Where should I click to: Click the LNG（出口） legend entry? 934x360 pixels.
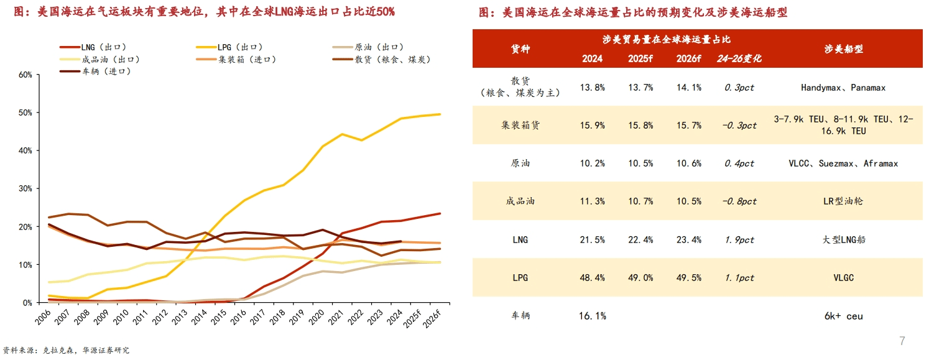pos(103,47)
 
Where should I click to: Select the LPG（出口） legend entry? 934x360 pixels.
pos(239,47)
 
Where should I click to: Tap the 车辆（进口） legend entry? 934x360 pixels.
pos(103,72)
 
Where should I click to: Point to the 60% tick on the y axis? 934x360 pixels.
pos(25,75)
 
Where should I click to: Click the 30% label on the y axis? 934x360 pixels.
pos(25,188)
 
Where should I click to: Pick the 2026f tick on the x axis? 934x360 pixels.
pos(433,322)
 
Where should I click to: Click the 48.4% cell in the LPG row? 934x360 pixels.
pos(592,277)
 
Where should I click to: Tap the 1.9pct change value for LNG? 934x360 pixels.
pos(739,239)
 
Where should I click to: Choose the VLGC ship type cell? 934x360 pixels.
pos(843,277)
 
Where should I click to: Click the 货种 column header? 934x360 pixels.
pos(520,48)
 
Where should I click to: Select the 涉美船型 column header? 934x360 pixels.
pos(843,48)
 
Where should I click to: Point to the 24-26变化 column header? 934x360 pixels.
pos(739,58)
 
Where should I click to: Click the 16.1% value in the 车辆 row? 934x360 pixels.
pos(592,316)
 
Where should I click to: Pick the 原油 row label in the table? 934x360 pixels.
pos(520,164)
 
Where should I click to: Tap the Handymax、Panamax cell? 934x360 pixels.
pos(843,88)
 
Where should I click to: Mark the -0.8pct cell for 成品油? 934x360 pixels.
pos(739,201)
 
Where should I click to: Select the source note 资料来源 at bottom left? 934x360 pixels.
pos(66,351)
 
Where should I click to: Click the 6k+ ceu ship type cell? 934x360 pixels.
pos(843,316)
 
